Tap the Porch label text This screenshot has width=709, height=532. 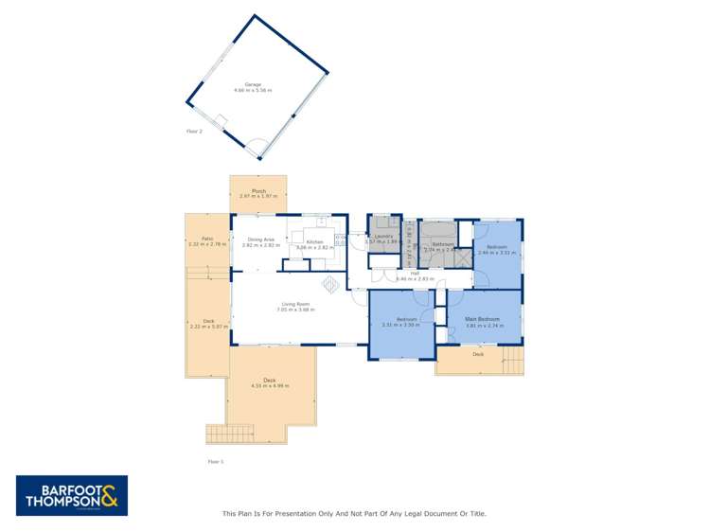tap(257, 191)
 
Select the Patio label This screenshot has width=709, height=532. tap(207, 239)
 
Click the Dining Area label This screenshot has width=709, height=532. tap(260, 240)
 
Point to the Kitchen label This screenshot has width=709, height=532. tap(314, 242)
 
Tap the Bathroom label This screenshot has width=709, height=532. tap(442, 243)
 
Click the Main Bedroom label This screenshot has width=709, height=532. tap(483, 319)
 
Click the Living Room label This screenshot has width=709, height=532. tap(295, 304)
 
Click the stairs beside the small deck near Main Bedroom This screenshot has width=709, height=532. tap(511, 361)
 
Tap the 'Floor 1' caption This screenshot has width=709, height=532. tap(215, 461)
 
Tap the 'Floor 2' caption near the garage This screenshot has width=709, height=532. tap(194, 132)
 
